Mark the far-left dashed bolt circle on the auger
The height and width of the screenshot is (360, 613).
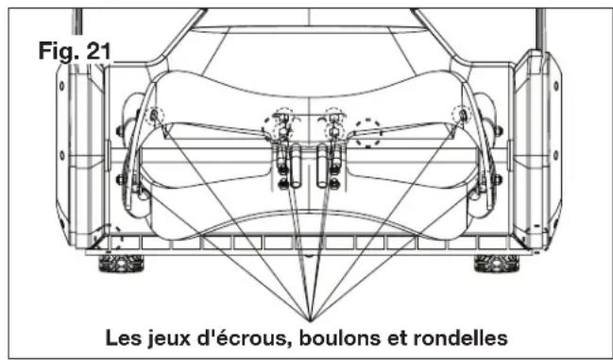(156, 115)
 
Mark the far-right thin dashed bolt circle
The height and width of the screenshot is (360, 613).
(462, 115)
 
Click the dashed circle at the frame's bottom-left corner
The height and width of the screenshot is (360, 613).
(114, 235)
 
